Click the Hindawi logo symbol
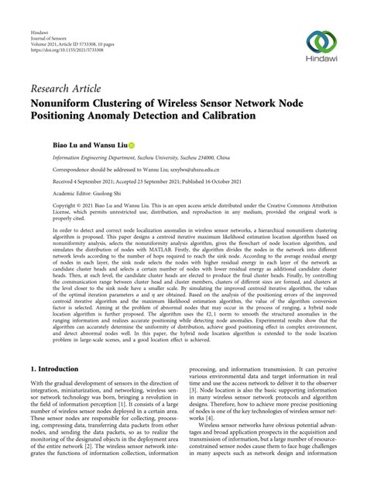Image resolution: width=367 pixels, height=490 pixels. pyautogui.click(x=320, y=42)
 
